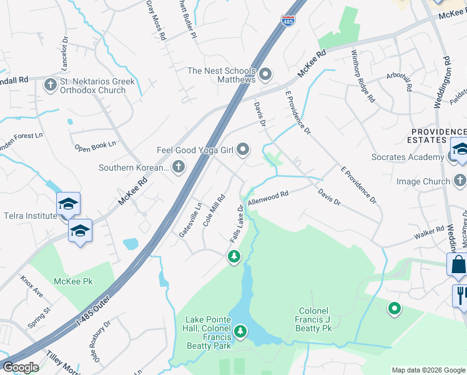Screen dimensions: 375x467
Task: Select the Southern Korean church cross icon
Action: [x=179, y=167]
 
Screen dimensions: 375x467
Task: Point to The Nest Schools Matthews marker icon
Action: [x=265, y=75]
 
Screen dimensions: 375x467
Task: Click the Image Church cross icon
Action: [x=460, y=182]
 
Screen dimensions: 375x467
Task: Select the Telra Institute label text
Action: [x=28, y=216]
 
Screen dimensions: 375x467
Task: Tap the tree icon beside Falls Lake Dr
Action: [x=234, y=256]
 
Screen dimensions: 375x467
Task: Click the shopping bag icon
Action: [x=458, y=265]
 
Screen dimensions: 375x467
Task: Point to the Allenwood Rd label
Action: [x=268, y=198]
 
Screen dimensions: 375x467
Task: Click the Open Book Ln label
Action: [x=96, y=146]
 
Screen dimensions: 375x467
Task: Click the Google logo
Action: [x=21, y=367]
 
